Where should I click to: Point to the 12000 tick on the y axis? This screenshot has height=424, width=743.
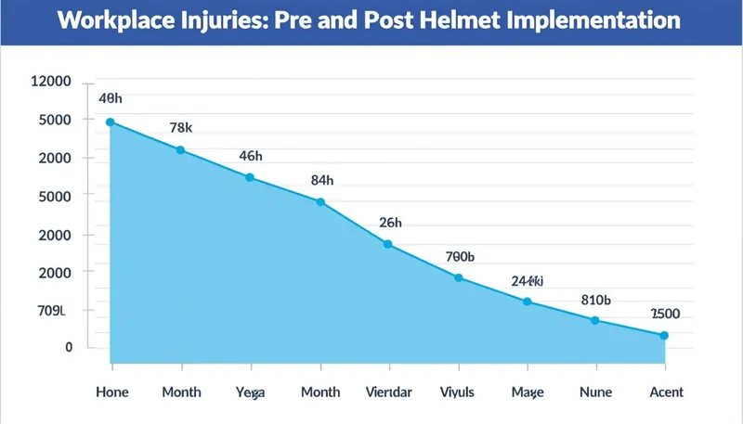click(51, 82)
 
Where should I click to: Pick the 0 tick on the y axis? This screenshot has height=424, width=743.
click(68, 347)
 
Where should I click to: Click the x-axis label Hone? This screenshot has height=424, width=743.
click(112, 392)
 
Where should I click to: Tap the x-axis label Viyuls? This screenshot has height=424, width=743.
click(457, 392)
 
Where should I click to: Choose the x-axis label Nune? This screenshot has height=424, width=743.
click(596, 392)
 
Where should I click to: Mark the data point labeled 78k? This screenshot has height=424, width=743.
click(180, 150)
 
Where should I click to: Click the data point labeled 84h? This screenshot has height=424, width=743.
click(320, 202)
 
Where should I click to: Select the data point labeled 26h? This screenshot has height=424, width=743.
click(388, 244)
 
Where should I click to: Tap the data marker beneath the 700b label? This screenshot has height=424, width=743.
click(458, 277)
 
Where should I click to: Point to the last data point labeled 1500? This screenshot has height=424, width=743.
click(664, 335)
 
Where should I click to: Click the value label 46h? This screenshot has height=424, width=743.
click(251, 156)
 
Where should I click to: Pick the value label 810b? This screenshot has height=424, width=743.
click(595, 300)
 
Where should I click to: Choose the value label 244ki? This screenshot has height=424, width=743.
click(527, 280)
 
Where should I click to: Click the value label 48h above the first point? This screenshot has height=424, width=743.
click(111, 98)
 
